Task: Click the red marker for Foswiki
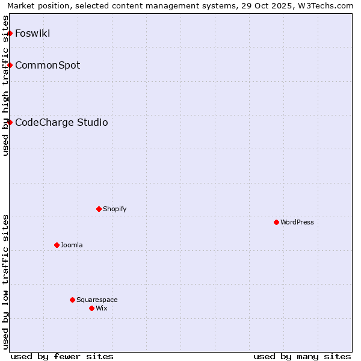10,33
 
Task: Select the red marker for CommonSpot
10,65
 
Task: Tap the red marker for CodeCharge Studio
10,122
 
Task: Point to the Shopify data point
99,209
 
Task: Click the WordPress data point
276,222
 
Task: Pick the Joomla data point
57,245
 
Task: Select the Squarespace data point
72,300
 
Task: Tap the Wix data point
91,308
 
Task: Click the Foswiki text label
32,33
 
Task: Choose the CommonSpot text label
48,65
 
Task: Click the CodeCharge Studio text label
61,122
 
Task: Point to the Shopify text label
114,209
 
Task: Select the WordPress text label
297,222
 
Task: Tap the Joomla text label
72,245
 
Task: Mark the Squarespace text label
97,300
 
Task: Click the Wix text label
101,308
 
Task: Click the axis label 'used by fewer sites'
62,356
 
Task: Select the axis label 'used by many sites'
302,356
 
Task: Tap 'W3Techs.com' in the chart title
327,6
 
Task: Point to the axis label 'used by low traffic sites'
6,282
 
